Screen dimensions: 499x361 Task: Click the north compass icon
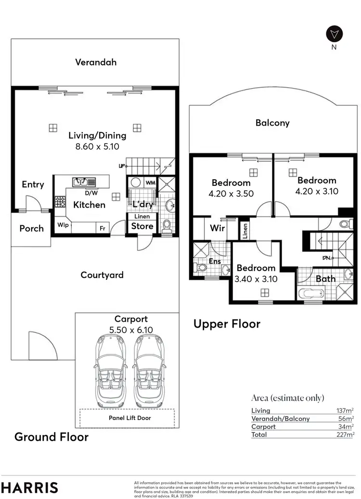click(x=334, y=33)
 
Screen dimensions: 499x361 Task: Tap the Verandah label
click(x=96, y=62)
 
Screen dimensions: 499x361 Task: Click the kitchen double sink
click(x=80, y=182)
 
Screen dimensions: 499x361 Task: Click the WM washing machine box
click(x=150, y=183)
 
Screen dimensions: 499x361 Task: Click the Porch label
click(x=32, y=228)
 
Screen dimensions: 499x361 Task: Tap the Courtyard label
click(x=102, y=275)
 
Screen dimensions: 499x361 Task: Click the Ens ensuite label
click(x=215, y=262)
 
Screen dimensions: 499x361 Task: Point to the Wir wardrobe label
click(x=218, y=228)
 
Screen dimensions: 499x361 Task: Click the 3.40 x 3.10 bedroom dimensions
click(x=256, y=278)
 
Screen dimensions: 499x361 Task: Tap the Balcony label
click(x=272, y=123)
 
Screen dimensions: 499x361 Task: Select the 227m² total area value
click(x=346, y=434)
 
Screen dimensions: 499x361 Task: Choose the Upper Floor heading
click(x=227, y=324)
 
